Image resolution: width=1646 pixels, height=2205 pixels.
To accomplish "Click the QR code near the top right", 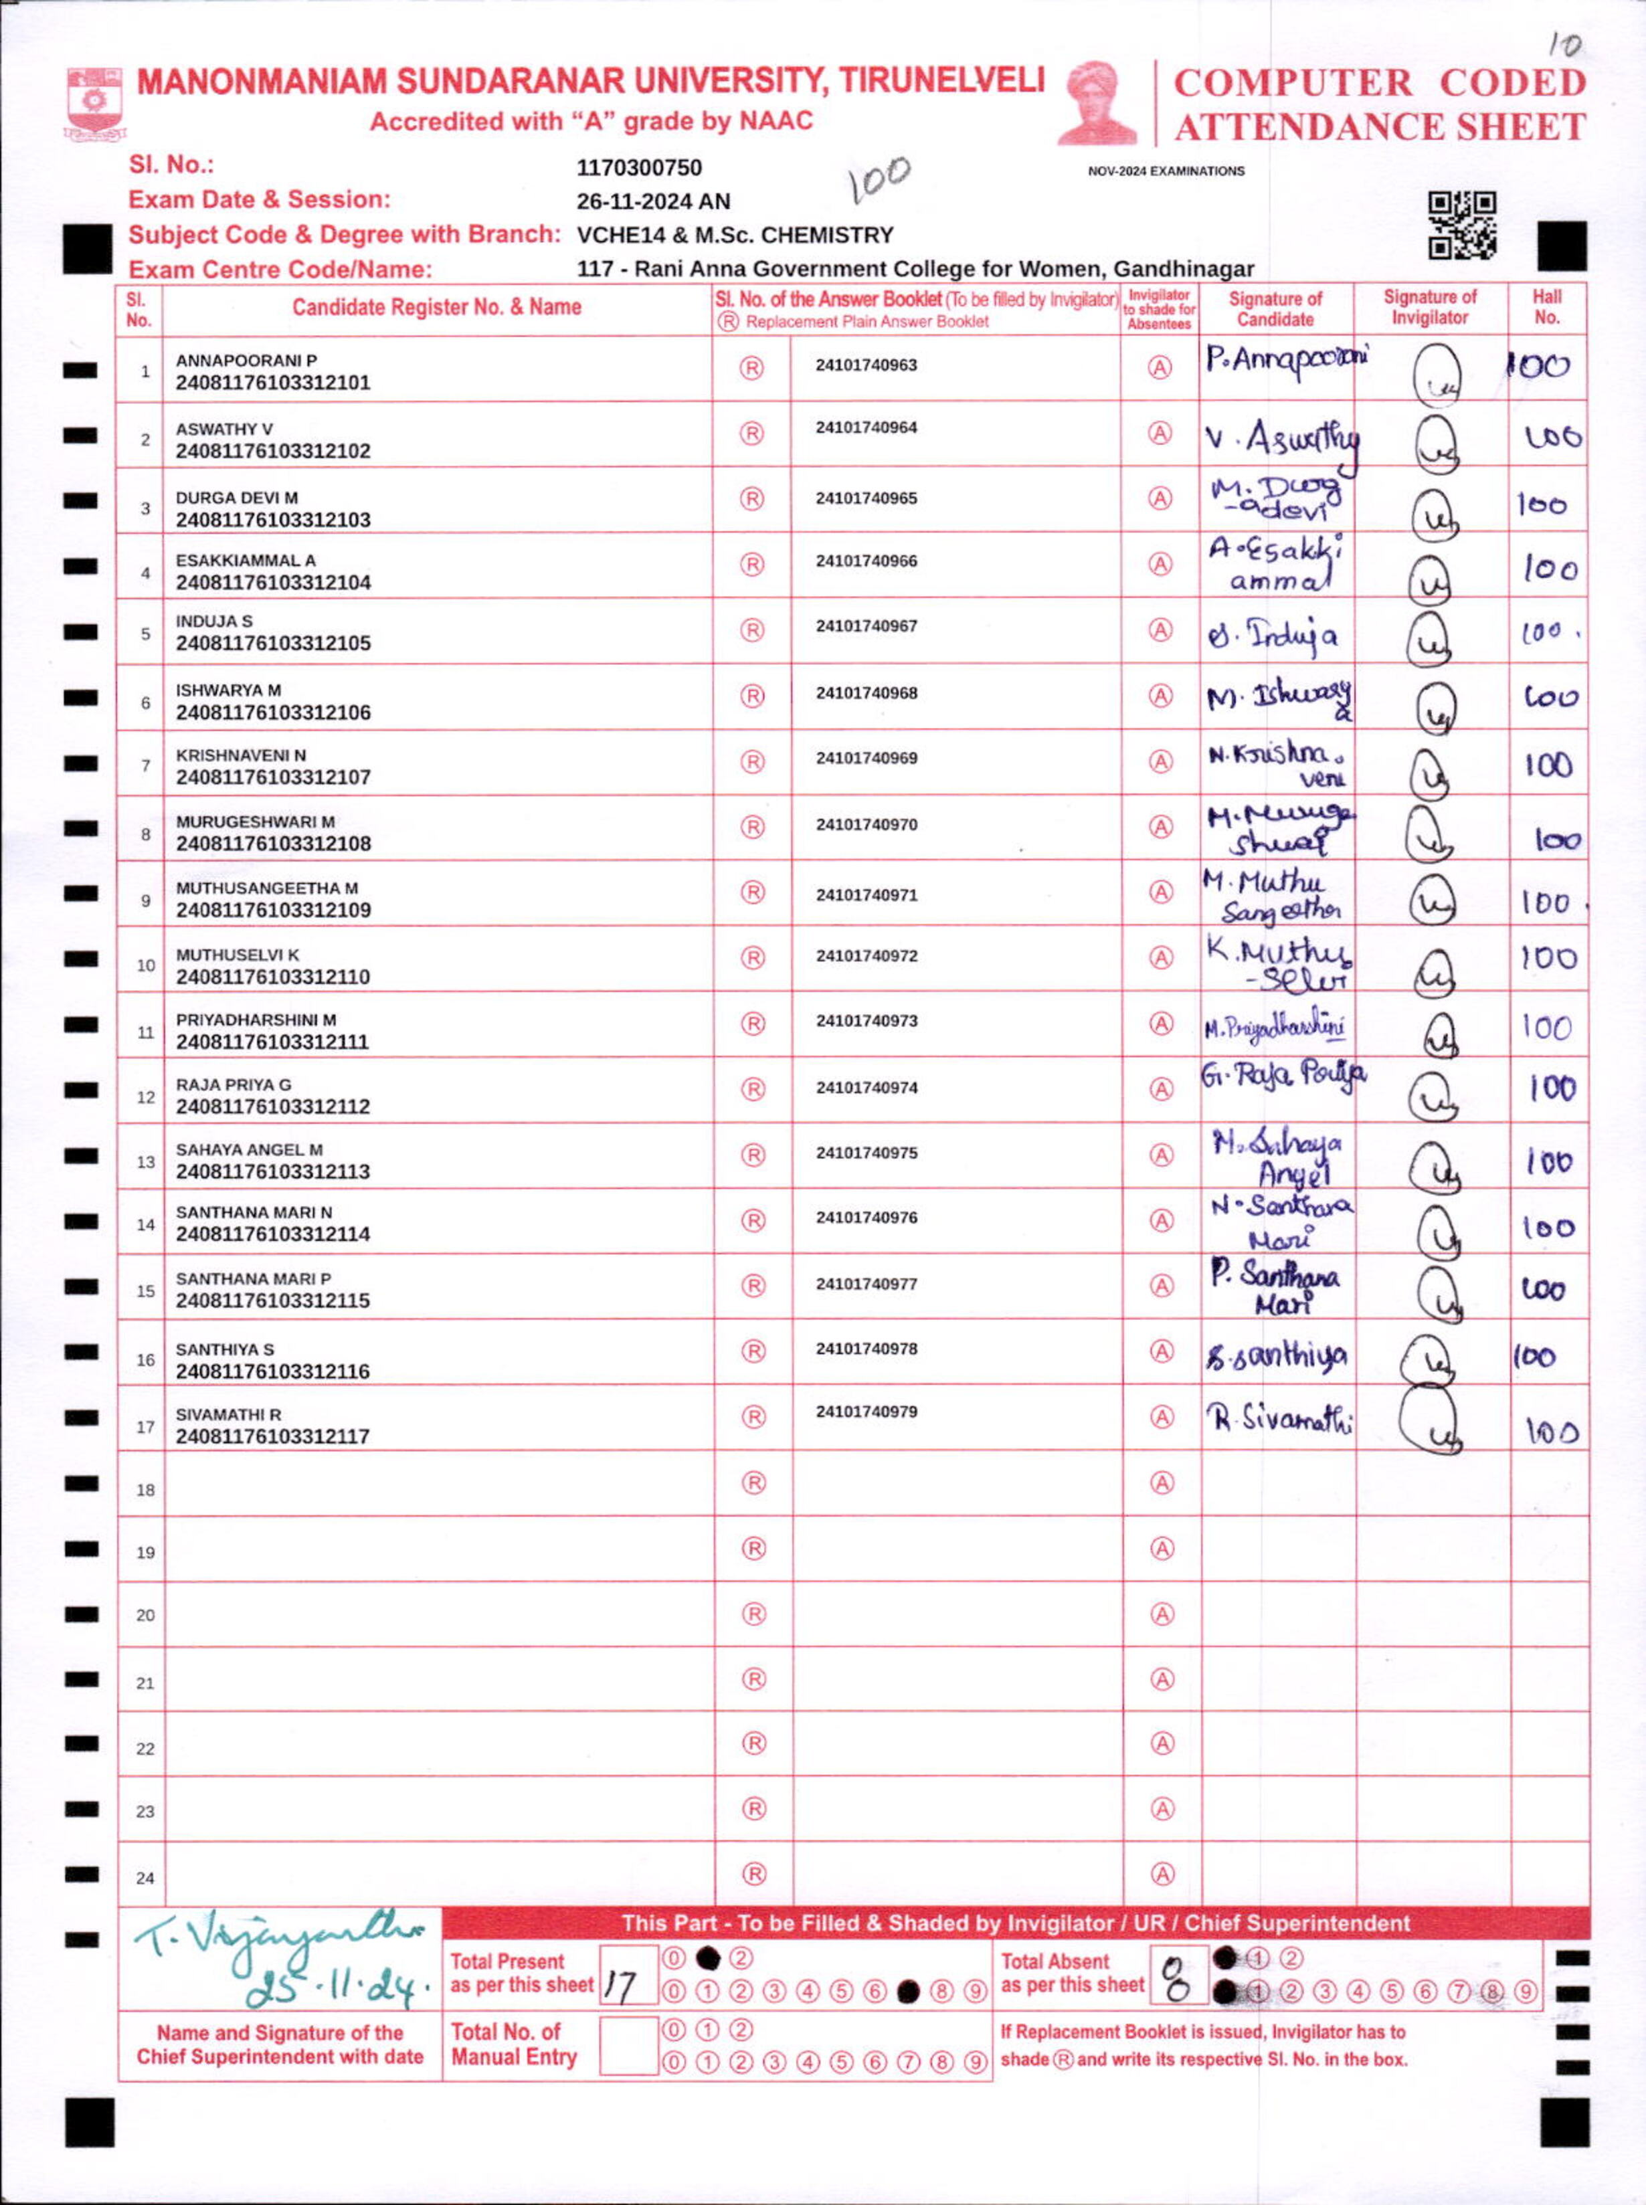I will [1462, 225].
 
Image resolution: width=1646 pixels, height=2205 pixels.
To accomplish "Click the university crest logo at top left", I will [94, 102].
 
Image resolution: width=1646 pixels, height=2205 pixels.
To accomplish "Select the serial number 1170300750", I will [639, 167].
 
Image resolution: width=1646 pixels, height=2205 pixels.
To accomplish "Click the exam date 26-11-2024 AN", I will [652, 201].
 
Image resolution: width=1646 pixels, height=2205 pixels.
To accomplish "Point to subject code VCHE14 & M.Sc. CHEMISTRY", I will [734, 235].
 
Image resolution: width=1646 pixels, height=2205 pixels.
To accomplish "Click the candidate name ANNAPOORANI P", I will [246, 361].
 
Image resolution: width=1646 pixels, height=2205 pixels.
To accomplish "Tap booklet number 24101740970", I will [866, 825].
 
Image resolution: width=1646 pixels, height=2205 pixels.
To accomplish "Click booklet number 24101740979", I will [866, 1411].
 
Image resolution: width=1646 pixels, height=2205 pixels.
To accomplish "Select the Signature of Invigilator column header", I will [1430, 308].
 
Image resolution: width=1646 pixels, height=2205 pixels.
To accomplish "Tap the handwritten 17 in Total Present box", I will [620, 1988].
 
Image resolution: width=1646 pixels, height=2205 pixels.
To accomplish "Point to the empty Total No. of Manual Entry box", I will [628, 2046].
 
